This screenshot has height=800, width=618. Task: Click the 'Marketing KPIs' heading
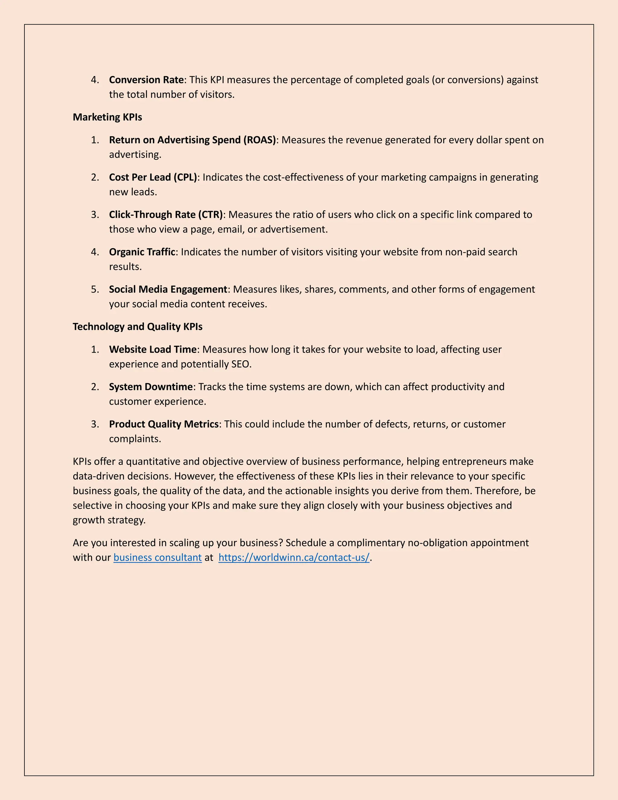click(x=107, y=117)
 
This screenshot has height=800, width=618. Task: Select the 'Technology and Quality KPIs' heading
click(x=137, y=327)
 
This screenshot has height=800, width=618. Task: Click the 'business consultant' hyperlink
click(x=158, y=558)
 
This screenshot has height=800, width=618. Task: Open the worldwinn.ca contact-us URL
click(x=294, y=558)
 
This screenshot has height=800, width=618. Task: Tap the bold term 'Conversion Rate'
click(x=146, y=80)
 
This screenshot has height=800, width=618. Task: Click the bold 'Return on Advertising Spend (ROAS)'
click(x=192, y=140)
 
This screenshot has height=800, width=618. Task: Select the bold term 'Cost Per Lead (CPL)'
click(x=153, y=177)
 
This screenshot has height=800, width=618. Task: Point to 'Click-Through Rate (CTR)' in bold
click(x=166, y=215)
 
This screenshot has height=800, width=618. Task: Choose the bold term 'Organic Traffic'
click(x=142, y=252)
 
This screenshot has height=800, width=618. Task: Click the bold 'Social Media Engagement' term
click(x=168, y=290)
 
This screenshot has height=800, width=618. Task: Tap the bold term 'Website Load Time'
click(x=153, y=350)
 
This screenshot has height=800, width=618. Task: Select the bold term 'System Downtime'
click(x=151, y=387)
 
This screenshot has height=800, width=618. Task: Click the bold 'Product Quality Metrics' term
click(x=164, y=424)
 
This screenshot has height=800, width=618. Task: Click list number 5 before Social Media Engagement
click(x=95, y=290)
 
